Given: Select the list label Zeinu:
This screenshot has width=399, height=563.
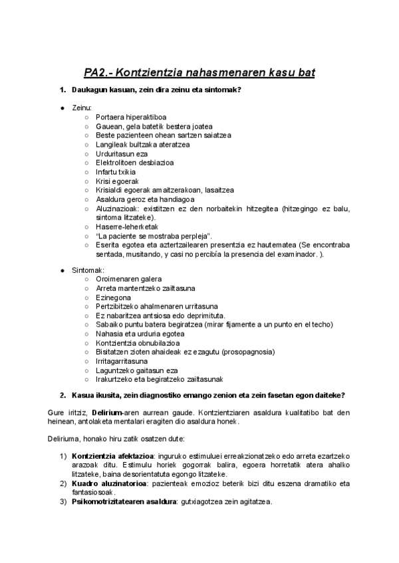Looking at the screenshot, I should (82, 108).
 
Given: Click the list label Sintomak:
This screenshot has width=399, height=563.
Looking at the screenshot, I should (87, 270).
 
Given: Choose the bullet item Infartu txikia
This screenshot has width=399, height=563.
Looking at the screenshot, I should (117, 171).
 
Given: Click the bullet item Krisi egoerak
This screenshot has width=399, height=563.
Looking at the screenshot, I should (117, 181).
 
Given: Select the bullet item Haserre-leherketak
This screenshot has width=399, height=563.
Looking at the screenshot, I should (126, 226).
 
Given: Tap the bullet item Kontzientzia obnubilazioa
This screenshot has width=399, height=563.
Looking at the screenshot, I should (137, 343).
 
